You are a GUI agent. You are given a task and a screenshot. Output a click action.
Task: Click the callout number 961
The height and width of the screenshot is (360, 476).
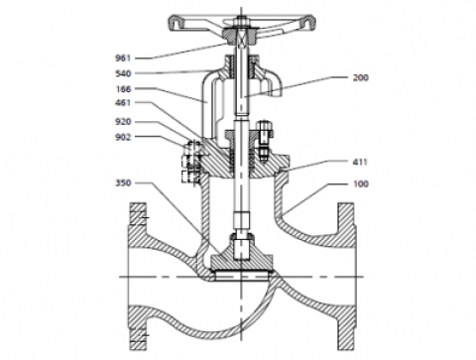[123, 59]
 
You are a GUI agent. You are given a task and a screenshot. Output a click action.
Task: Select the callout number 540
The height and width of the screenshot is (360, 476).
[123, 73]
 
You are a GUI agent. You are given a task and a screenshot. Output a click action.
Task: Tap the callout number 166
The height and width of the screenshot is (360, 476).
[123, 89]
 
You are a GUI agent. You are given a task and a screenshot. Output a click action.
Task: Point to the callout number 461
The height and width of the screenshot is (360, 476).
[123, 103]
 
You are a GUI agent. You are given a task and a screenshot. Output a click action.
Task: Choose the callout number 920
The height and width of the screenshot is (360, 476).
[123, 122]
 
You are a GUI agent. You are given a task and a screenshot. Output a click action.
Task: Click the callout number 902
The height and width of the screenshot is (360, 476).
[123, 137]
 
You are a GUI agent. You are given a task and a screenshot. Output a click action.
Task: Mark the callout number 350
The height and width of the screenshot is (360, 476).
[123, 182]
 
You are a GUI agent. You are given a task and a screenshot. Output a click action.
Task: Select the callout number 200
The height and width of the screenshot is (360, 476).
[361, 77]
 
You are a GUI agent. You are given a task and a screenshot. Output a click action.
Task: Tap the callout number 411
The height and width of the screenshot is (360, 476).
[360, 162]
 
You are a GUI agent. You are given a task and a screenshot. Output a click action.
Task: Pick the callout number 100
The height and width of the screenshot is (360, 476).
[361, 183]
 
